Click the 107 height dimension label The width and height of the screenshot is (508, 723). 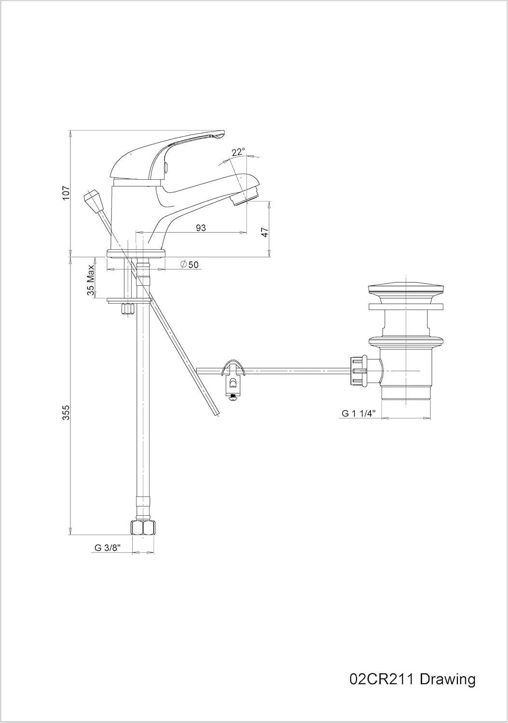67,193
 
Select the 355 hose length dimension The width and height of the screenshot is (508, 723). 67,413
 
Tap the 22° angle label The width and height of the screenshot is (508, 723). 238,152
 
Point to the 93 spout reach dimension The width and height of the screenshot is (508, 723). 201,228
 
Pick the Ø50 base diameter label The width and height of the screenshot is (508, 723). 189,265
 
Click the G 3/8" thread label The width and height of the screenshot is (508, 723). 107,548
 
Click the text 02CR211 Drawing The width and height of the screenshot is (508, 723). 412,680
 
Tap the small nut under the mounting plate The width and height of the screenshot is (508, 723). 128,309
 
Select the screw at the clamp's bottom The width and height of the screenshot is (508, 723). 233,396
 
